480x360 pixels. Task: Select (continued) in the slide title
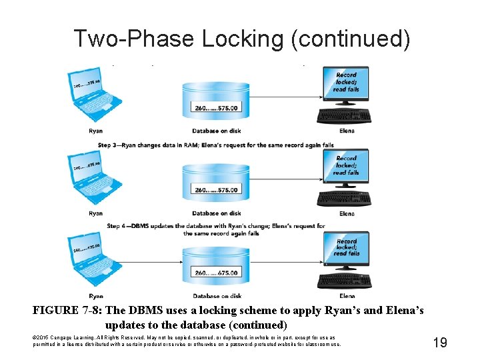pos(350,39)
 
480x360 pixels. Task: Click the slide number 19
pos(439,343)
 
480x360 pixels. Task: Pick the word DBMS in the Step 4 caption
pos(141,226)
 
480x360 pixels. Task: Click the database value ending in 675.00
pos(217,273)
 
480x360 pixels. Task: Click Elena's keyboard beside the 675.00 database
pos(346,281)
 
